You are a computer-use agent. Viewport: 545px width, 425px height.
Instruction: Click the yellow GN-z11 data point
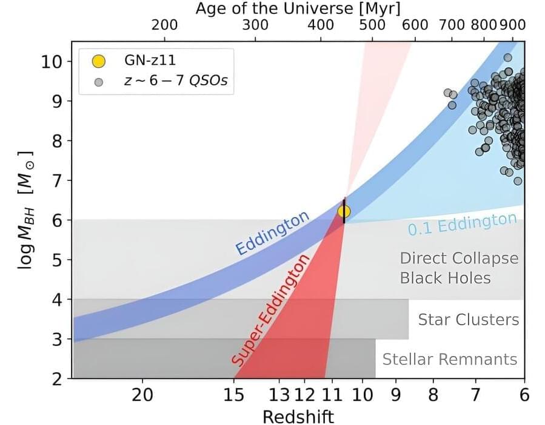click(344, 211)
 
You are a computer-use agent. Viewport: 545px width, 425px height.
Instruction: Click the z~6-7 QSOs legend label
click(176, 81)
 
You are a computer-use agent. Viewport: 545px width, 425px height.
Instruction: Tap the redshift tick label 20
click(143, 395)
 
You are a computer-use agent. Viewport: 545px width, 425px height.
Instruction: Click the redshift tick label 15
click(234, 395)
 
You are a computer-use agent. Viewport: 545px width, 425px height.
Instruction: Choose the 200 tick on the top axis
click(164, 25)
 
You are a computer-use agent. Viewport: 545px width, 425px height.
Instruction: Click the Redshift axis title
click(298, 417)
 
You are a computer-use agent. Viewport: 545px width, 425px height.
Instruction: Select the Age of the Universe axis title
click(298, 8)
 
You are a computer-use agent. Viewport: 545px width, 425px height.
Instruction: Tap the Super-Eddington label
click(271, 311)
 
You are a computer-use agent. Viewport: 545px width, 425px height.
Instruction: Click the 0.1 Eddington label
click(462, 225)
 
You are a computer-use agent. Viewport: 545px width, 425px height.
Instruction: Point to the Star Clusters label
click(469, 320)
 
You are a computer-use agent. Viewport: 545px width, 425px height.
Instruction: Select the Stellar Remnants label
click(449, 359)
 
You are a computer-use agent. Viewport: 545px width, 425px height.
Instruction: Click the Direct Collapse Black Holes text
click(459, 268)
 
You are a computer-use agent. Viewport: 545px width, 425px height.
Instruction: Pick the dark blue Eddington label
click(272, 233)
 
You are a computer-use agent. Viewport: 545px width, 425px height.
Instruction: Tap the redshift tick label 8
click(433, 395)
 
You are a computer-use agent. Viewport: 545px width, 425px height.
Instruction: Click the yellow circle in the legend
click(98, 61)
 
